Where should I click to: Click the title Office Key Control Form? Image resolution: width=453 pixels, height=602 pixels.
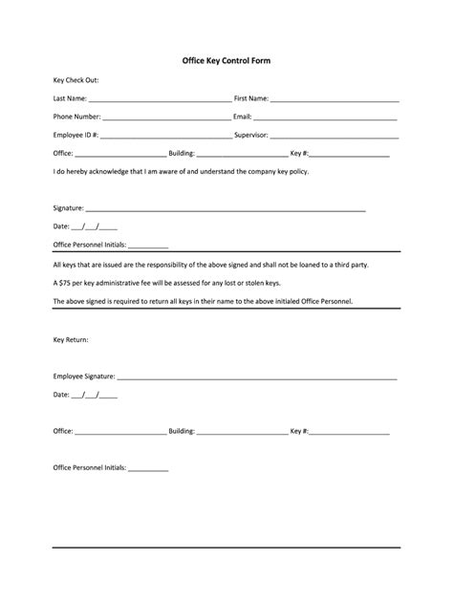click(226, 60)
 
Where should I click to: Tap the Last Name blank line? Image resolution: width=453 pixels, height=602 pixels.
click(160, 99)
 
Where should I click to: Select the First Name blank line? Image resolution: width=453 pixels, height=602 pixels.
click(334, 99)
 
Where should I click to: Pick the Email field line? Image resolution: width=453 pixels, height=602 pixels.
click(326, 118)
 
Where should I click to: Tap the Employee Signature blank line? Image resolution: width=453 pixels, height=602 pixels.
click(257, 377)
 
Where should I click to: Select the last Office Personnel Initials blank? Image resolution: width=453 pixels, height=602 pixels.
click(148, 470)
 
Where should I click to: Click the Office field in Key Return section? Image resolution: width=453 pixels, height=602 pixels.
click(120, 433)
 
